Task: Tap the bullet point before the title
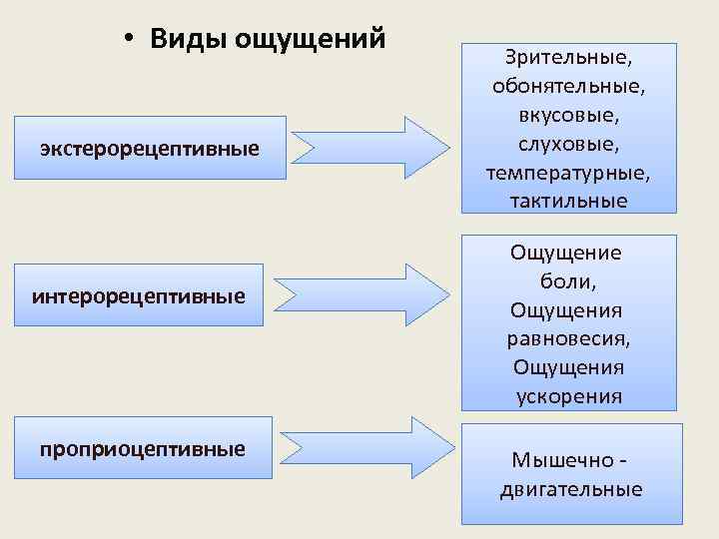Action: pyautogui.click(x=130, y=40)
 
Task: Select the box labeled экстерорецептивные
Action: pyautogui.click(x=150, y=148)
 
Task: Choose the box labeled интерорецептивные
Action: pyautogui.click(x=139, y=295)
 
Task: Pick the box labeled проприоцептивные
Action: pyautogui.click(x=143, y=448)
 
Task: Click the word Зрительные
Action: pyautogui.click(x=568, y=57)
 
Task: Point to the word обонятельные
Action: pyautogui.click(x=568, y=86)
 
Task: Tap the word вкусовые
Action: pyautogui.click(x=568, y=115)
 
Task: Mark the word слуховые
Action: pyautogui.click(x=568, y=144)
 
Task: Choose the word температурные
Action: pyautogui.click(x=568, y=173)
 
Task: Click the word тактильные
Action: pyautogui.click(x=568, y=202)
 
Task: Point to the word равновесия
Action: pyautogui.click(x=568, y=338)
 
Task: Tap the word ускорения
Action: pyautogui.click(x=568, y=396)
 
